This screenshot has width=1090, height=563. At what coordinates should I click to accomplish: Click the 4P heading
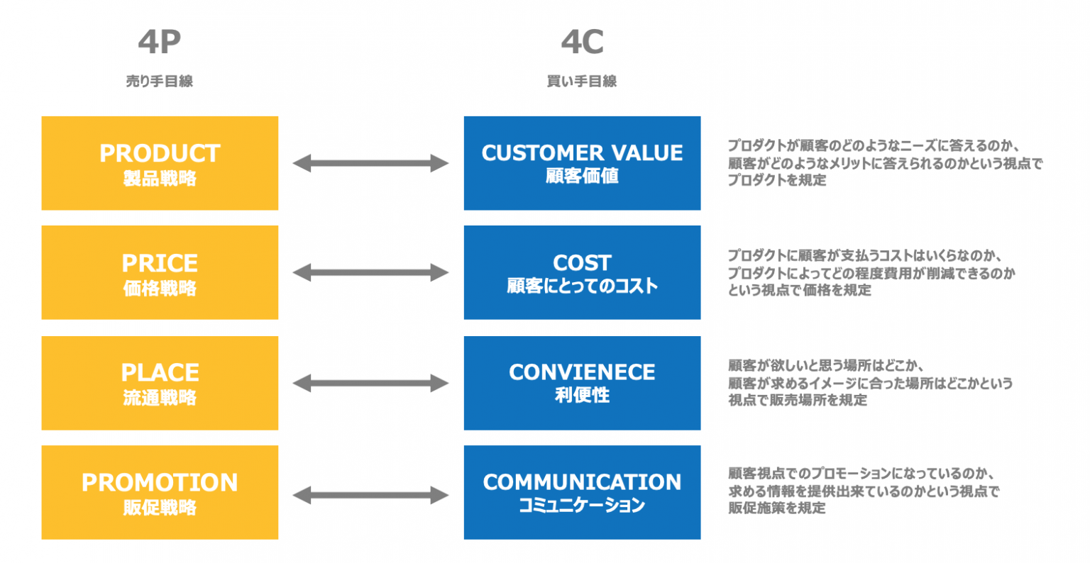point(159,42)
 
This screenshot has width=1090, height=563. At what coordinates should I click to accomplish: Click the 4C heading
point(582,42)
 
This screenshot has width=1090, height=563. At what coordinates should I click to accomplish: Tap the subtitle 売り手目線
point(159,82)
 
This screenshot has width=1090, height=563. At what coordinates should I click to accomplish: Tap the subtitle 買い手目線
point(582,82)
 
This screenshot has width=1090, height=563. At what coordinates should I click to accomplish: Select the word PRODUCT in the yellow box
point(160,153)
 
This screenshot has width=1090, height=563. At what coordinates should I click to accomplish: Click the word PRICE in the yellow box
point(160,263)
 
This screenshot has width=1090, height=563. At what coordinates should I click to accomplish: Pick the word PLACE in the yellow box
point(160,372)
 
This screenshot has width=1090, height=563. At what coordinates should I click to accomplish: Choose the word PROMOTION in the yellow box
point(160,482)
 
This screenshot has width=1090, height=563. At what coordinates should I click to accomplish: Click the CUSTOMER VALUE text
point(582,152)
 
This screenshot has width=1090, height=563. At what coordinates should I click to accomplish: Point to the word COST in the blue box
point(582,262)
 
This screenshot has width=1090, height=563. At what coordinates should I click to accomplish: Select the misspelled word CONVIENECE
point(582,372)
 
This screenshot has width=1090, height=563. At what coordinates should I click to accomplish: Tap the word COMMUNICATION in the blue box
point(582,482)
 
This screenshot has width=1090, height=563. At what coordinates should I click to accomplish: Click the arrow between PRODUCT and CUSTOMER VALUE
point(370,164)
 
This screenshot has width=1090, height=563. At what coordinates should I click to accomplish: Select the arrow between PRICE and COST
point(370,272)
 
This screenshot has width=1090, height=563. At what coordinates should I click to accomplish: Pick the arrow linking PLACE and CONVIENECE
point(370,384)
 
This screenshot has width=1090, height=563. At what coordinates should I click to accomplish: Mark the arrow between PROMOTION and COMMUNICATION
point(370,495)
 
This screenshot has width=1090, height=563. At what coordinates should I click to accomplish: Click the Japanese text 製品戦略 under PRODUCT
point(160,179)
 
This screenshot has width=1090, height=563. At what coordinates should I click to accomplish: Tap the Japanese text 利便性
point(582,396)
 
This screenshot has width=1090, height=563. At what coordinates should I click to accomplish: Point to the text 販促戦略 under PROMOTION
point(160,508)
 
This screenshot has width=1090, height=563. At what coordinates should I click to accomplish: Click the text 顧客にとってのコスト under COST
point(582,286)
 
